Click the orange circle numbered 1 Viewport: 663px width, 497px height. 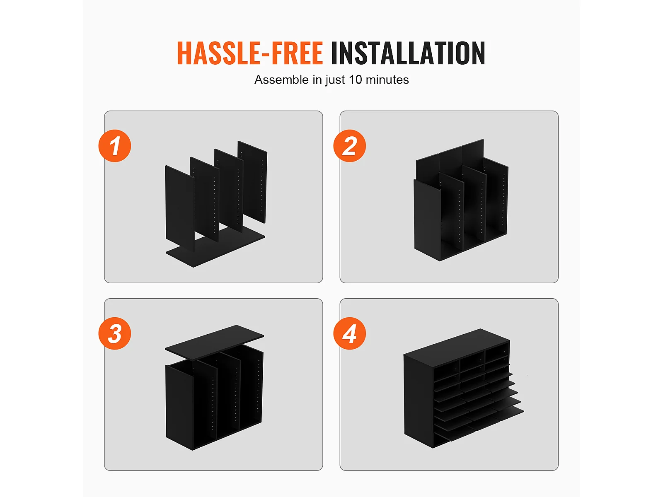(x=115, y=146)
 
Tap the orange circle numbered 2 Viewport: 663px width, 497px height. (x=349, y=146)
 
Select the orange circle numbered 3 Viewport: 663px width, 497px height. (x=115, y=333)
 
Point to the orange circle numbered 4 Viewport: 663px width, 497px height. (x=349, y=333)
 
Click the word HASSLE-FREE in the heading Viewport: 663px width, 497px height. (x=250, y=53)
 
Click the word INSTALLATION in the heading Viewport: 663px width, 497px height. (x=408, y=53)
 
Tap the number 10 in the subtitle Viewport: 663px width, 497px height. (x=355, y=80)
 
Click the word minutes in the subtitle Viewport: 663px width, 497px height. (x=387, y=80)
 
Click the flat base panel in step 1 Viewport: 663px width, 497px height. (x=215, y=246)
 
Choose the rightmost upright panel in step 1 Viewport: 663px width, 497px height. (x=252, y=182)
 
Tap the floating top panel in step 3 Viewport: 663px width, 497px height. (x=215, y=342)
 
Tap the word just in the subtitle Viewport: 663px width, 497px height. (x=335, y=80)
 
